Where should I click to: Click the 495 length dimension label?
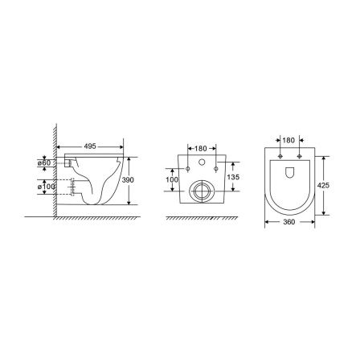90,146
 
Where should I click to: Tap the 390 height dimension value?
128,180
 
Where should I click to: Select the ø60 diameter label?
44,162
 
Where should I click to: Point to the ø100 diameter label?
46,187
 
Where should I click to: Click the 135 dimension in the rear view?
233,177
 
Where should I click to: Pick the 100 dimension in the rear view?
172,179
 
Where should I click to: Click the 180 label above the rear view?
201,148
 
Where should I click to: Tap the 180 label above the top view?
288,140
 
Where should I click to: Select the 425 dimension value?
323,185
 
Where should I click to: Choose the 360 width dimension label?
288,222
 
